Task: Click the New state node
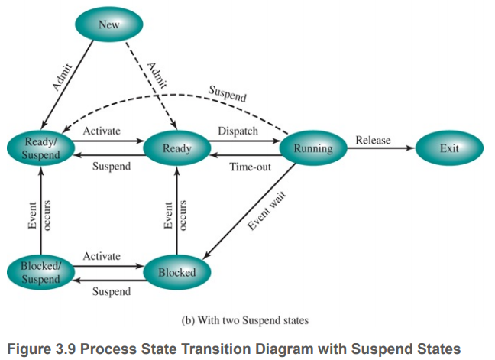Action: click(109, 25)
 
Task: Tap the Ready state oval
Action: click(176, 148)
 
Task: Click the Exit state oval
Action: click(449, 148)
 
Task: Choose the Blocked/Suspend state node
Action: click(39, 273)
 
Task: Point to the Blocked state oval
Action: click(176, 272)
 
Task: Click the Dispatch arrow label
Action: click(238, 131)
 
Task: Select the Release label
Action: click(372, 140)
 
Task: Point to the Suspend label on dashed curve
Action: click(228, 95)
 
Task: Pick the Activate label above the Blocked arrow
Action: click(102, 256)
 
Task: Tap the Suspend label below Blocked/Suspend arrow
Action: click(111, 290)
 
